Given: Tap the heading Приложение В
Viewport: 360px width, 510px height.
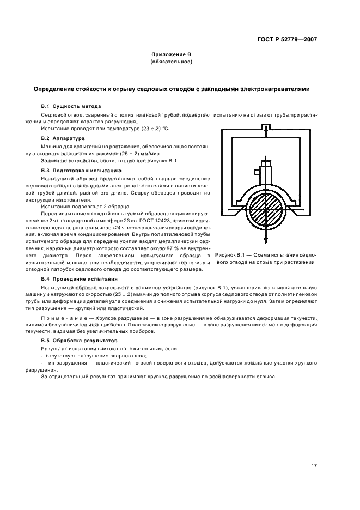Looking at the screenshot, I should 172,55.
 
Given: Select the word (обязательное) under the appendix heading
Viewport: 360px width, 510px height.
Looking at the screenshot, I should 172,62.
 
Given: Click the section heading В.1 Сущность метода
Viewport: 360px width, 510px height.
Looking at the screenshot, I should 71,105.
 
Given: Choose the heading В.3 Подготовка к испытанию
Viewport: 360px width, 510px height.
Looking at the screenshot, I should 78,171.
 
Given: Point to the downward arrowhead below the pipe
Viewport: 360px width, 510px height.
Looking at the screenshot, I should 265,242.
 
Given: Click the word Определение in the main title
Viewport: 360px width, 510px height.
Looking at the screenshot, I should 57,89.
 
